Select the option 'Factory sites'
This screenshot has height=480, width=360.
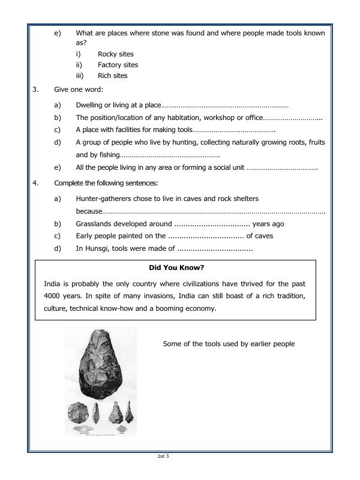[118, 65]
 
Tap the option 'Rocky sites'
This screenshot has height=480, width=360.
[116, 54]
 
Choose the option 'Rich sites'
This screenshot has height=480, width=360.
[113, 76]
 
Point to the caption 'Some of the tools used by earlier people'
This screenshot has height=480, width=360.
[229, 344]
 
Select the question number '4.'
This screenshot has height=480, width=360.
[36, 183]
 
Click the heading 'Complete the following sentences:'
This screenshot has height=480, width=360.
[106, 183]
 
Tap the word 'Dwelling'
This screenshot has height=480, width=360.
[89, 106]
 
